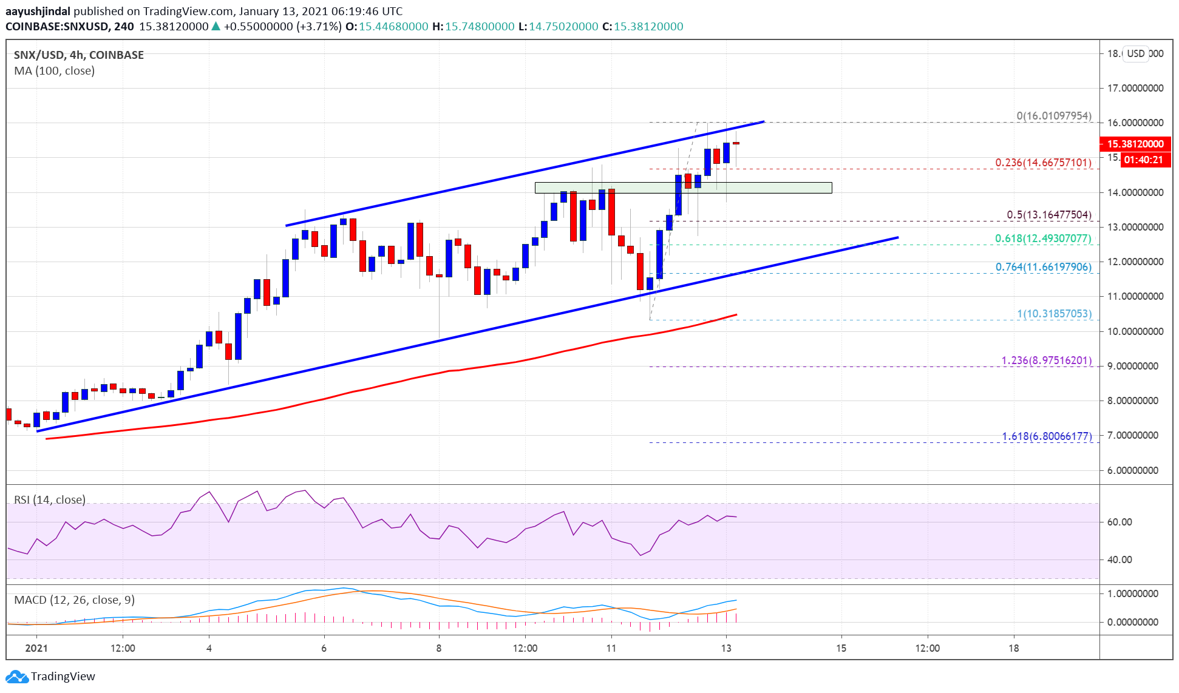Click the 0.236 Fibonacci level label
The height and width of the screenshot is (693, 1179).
[x=1043, y=163]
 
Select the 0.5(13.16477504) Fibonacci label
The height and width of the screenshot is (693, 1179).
[x=1048, y=215]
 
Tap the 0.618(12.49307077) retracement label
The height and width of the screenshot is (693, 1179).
[x=1043, y=238]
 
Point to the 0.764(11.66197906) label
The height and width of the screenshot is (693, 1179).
[x=1043, y=267]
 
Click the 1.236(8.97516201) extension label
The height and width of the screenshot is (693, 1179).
[x=1046, y=360]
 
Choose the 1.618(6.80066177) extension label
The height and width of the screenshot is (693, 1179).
[x=1046, y=436]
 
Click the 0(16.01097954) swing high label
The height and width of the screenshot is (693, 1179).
[x=1054, y=116]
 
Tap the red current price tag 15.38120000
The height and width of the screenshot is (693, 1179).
[x=1135, y=144]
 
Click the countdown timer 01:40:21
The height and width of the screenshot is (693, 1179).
[x=1143, y=160]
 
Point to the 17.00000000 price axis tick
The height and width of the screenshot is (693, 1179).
[x=1135, y=88]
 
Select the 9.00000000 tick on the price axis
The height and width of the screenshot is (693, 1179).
[x=1135, y=366]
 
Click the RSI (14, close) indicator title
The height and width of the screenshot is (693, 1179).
[x=50, y=500]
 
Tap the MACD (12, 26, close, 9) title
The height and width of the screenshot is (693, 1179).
[x=74, y=600]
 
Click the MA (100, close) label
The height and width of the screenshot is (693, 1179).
[x=54, y=71]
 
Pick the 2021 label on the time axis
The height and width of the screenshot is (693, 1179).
[x=36, y=648]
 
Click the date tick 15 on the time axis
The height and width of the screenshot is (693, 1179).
[x=841, y=648]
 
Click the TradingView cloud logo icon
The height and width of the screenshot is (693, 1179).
[x=16, y=677]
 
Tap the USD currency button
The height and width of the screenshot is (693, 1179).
[x=1135, y=53]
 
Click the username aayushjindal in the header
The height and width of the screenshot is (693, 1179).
[x=38, y=12]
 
